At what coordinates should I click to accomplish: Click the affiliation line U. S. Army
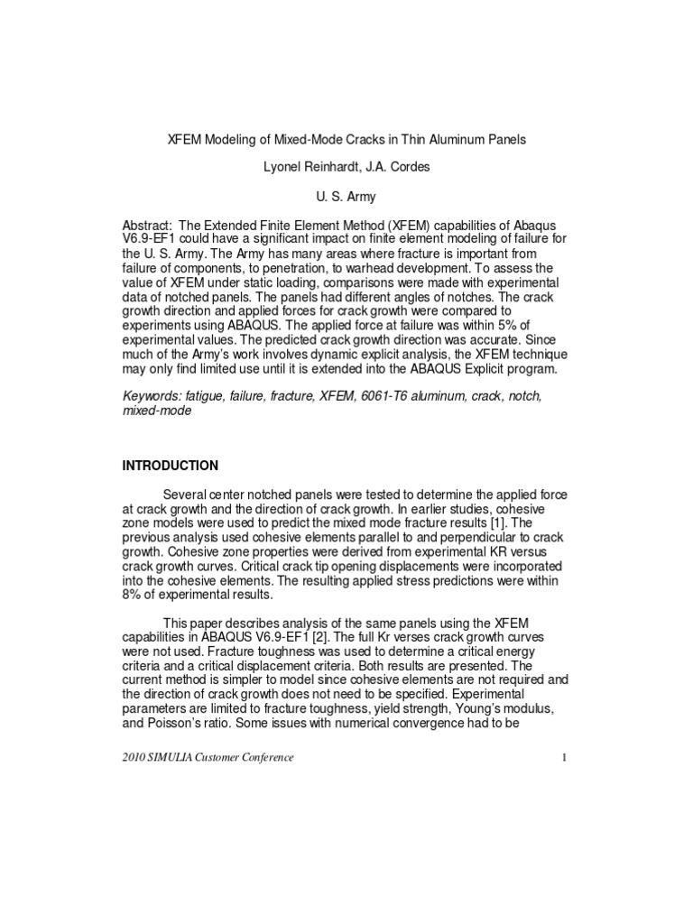[345, 197]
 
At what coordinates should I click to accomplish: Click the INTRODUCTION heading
[170, 466]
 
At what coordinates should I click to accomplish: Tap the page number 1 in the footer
[563, 757]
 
